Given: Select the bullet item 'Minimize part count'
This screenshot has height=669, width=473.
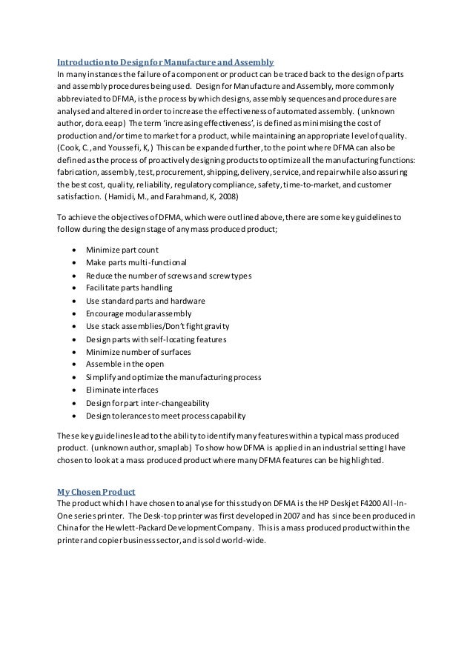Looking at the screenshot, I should (x=122, y=250).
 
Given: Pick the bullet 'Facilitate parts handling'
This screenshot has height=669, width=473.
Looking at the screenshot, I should (x=129, y=287).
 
